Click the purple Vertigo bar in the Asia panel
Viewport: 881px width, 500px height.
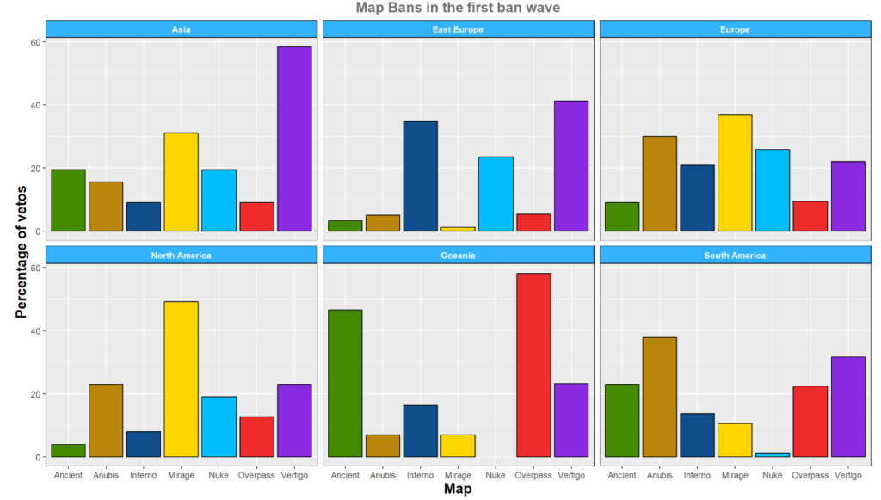point(294,139)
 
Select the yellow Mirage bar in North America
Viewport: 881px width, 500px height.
point(181,379)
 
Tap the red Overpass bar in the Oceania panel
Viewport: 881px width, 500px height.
point(533,365)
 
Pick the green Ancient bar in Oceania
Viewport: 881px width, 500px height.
point(345,383)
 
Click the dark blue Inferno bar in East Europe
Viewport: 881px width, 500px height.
point(420,176)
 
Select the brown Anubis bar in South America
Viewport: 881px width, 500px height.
point(659,397)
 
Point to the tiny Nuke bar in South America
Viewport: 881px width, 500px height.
point(773,454)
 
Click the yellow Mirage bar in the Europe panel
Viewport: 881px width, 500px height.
point(735,173)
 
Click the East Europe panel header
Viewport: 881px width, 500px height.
point(458,29)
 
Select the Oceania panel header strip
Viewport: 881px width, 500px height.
point(458,256)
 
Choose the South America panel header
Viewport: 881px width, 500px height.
point(735,256)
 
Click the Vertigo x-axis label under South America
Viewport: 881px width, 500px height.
point(848,475)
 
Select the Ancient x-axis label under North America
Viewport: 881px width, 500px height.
point(68,475)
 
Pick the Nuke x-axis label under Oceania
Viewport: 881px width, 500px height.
point(496,475)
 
